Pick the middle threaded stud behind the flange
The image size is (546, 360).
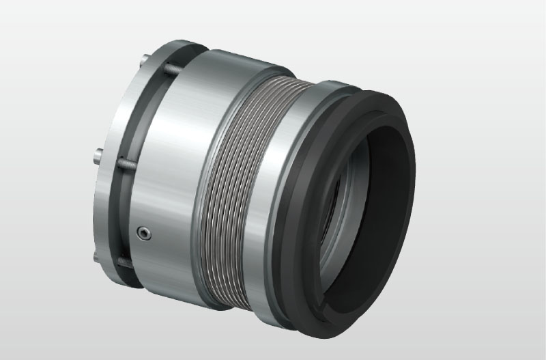[x=126, y=164]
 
